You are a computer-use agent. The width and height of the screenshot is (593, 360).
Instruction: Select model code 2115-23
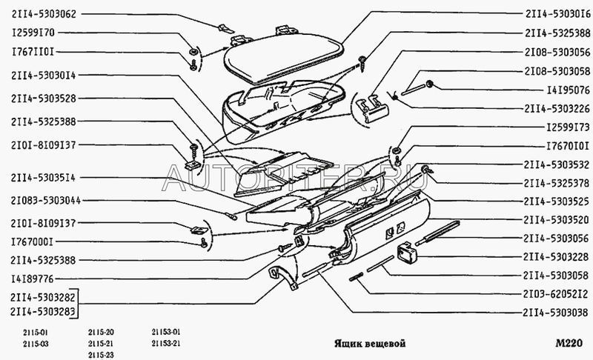tap(100, 353)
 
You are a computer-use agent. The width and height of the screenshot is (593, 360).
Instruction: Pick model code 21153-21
tap(165, 343)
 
